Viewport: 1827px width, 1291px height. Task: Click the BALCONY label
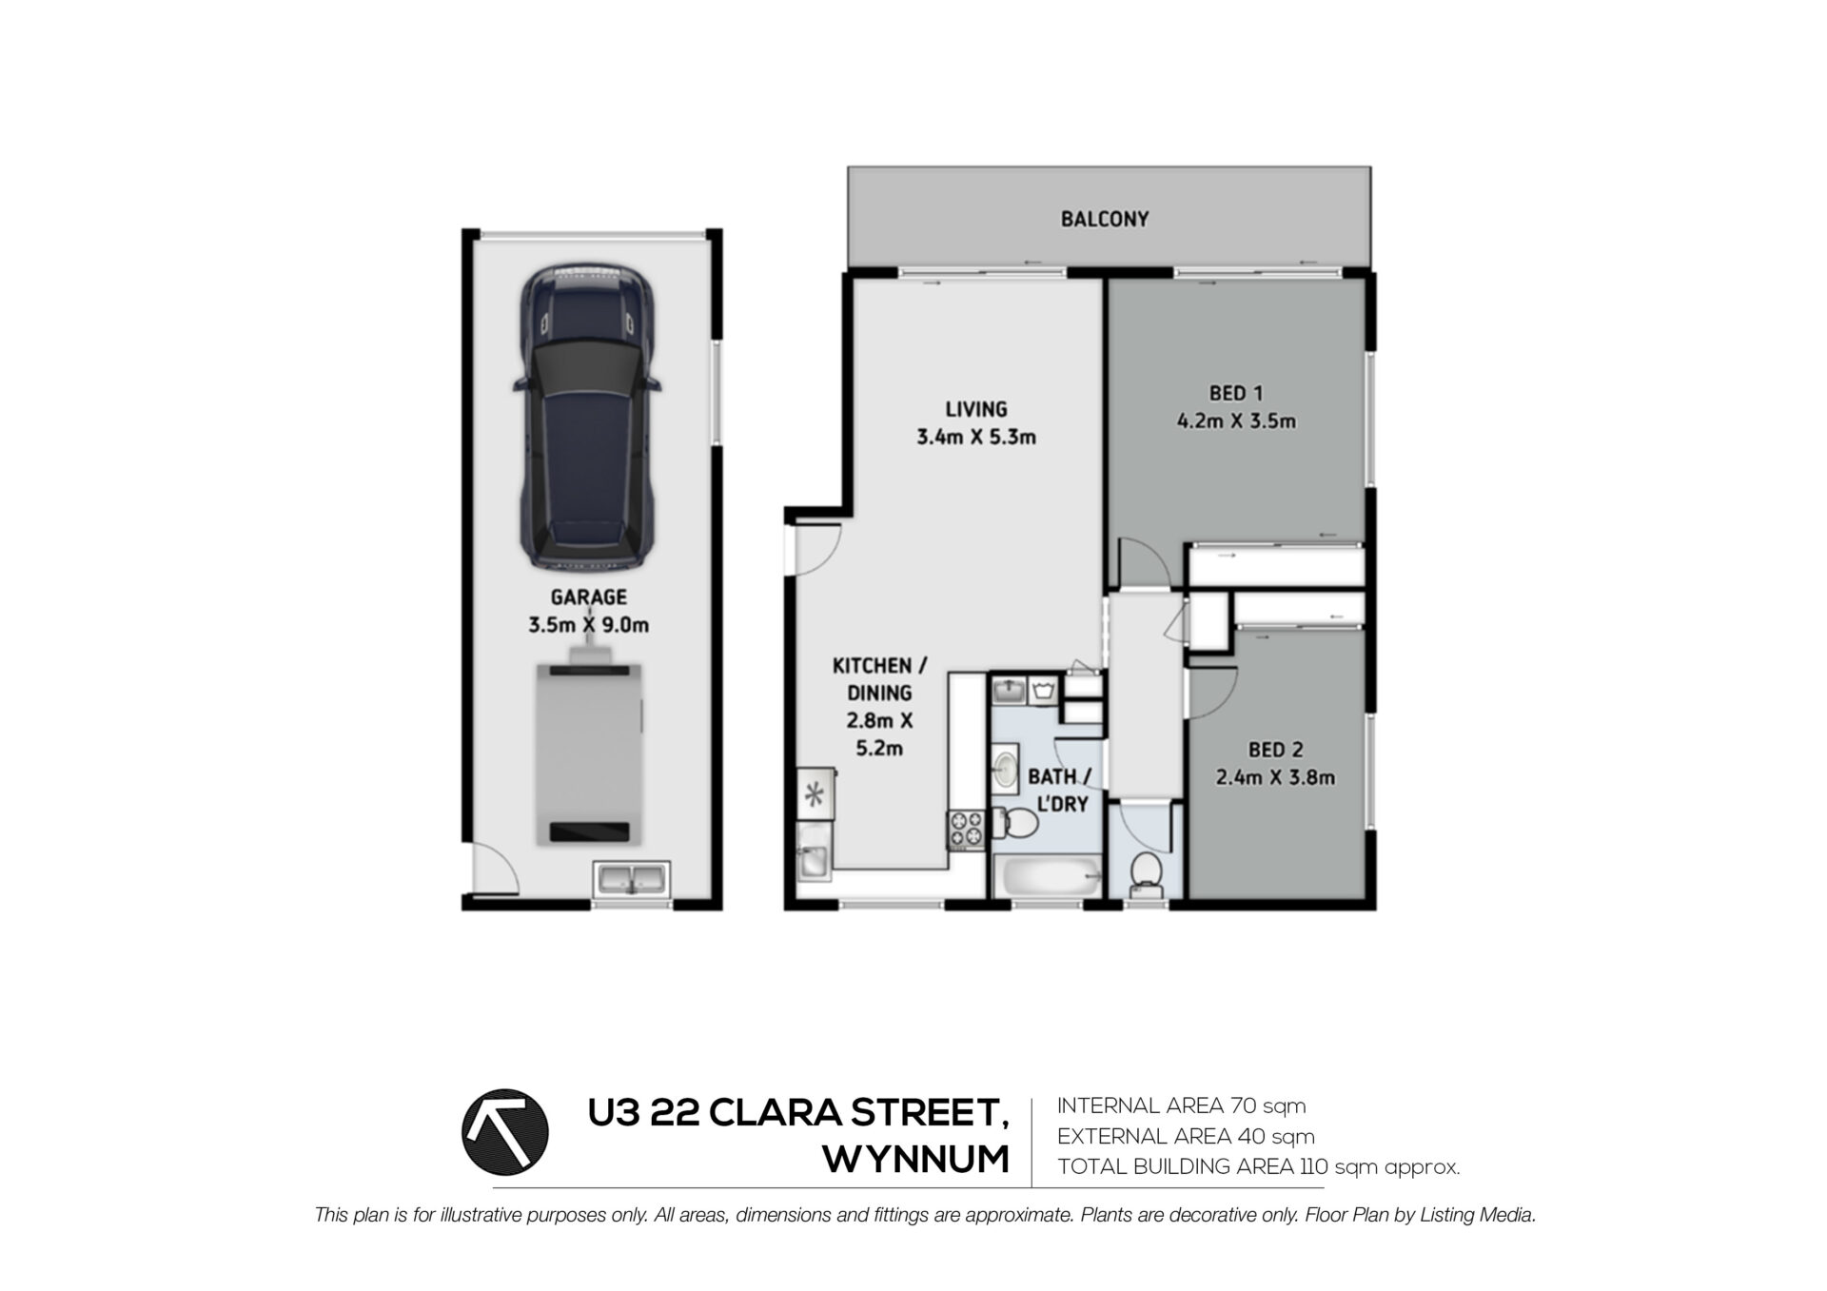coord(1105,219)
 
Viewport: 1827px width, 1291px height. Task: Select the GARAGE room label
coord(589,597)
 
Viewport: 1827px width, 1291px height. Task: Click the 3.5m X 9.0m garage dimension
coord(589,625)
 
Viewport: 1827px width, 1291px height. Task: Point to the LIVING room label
coord(976,409)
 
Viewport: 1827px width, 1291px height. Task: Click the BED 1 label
coord(1236,392)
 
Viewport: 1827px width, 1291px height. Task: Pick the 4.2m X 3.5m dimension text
coord(1236,421)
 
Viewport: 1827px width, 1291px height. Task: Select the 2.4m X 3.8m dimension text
coord(1276,778)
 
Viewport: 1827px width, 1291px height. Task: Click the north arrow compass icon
coord(504,1132)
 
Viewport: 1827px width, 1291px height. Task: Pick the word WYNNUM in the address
coord(915,1160)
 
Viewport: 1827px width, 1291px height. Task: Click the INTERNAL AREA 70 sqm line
coord(1181,1106)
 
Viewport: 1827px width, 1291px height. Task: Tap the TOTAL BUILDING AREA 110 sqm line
coord(1258,1167)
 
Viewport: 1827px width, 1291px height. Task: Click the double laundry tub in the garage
coord(632,878)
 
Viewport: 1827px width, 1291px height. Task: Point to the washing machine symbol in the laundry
coord(1045,689)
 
